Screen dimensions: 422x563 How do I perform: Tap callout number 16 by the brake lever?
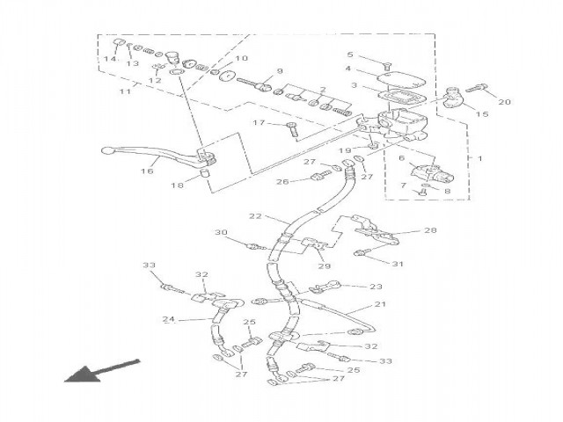click(147, 172)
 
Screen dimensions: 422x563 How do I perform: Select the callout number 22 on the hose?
click(256, 216)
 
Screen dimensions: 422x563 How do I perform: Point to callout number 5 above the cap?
click(349, 55)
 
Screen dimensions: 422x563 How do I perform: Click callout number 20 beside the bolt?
click(504, 102)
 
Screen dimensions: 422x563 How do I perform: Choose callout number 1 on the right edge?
click(480, 158)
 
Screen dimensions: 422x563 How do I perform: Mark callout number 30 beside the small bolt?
click(222, 234)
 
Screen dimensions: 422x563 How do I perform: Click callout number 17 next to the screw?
click(259, 123)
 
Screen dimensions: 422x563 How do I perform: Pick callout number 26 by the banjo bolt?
click(282, 182)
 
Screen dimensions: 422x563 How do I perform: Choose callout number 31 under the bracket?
click(397, 263)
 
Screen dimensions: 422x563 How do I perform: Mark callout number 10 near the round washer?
click(242, 59)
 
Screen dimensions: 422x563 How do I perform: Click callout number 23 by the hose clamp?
click(377, 286)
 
